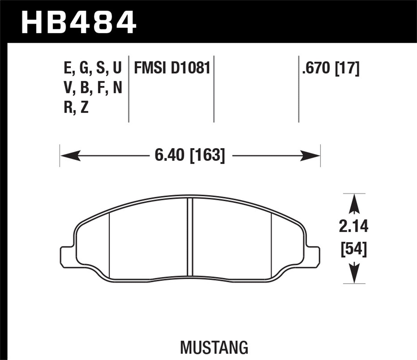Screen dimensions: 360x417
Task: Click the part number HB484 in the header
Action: click(x=79, y=22)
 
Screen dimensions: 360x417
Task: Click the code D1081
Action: click(x=190, y=68)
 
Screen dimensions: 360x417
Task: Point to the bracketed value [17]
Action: click(x=348, y=68)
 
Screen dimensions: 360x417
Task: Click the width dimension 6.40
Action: click(x=169, y=155)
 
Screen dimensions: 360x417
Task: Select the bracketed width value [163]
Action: click(x=207, y=155)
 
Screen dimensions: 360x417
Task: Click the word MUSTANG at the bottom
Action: click(x=214, y=347)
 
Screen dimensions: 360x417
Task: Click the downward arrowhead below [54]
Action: click(x=354, y=274)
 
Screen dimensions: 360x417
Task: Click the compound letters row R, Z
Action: click(x=76, y=107)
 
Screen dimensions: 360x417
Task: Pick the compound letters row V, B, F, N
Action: click(x=93, y=88)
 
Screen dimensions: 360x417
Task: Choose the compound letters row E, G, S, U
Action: click(x=93, y=68)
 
